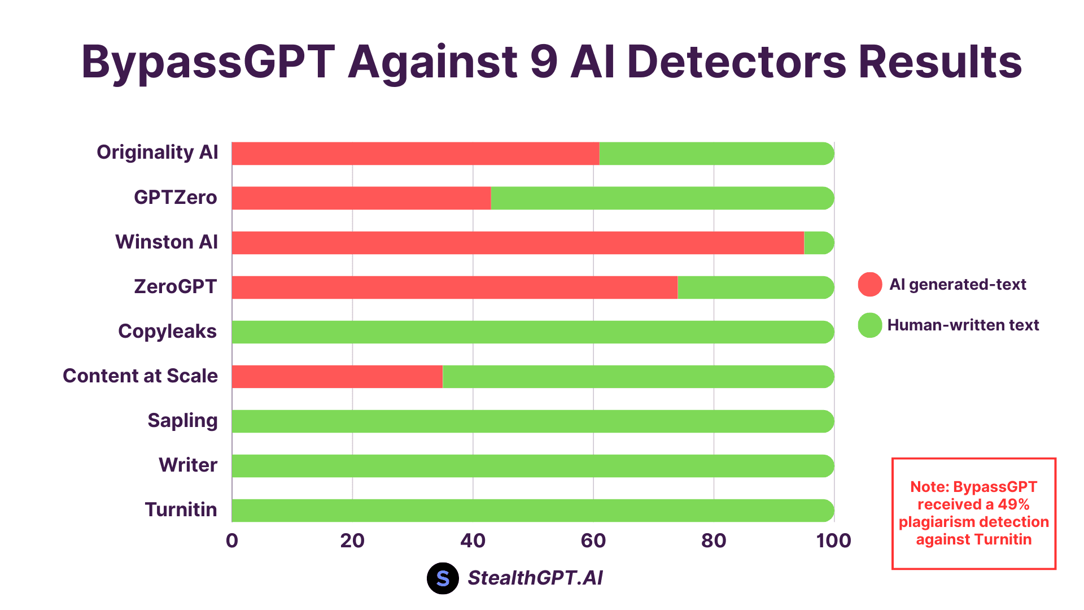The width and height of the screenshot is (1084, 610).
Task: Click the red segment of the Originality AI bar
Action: click(x=415, y=154)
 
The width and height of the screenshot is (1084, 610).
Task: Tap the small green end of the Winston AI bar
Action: click(x=818, y=243)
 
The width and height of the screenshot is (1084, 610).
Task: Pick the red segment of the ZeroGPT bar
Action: click(x=454, y=287)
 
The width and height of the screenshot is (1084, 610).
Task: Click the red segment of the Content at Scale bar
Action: click(x=337, y=377)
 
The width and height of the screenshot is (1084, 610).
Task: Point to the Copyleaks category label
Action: click(x=167, y=332)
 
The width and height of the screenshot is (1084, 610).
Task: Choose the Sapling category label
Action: click(x=182, y=421)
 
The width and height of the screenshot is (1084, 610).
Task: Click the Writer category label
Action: click(x=187, y=465)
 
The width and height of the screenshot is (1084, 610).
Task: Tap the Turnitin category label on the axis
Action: click(x=181, y=510)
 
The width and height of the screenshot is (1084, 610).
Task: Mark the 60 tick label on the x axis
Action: click(x=593, y=541)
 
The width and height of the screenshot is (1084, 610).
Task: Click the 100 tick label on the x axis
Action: click(x=833, y=541)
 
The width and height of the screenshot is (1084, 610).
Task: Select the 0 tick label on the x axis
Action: click(x=232, y=541)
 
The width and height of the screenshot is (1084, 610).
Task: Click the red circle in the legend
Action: click(x=869, y=284)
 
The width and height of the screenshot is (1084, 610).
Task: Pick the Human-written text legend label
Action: click(x=963, y=325)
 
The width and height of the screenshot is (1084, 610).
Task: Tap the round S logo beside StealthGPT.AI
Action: click(x=443, y=578)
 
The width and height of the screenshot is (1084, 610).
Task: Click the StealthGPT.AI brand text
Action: click(x=535, y=578)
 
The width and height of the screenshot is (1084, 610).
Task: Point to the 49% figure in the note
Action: click(x=1013, y=504)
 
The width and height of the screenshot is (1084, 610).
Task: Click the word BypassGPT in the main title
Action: click(x=208, y=62)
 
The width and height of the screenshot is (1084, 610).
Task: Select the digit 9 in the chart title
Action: click(x=544, y=62)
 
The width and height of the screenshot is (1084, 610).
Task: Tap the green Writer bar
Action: click(x=532, y=466)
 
